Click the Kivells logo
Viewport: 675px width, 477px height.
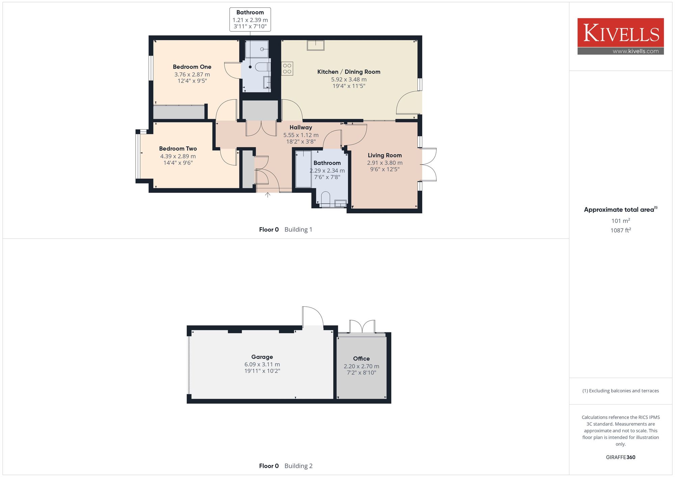coord(621,36)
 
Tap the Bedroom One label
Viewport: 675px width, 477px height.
coord(192,67)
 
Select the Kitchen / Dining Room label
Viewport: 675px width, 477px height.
coord(349,72)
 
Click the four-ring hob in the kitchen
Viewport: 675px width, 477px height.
coord(287,68)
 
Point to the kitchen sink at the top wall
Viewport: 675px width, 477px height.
coord(316,45)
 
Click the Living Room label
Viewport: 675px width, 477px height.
coord(385,155)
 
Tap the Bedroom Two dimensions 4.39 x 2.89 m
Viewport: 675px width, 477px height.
coord(178,156)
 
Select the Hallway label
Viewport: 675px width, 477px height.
coord(301,127)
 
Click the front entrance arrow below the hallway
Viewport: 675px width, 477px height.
coord(268,195)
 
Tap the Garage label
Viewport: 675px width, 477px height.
coord(262,357)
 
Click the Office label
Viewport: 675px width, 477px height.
coord(361,359)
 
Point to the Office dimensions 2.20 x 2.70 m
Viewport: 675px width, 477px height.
coord(361,366)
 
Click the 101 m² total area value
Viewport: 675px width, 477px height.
coord(621,220)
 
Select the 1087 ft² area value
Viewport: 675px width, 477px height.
coord(621,230)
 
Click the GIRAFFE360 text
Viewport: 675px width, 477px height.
coord(621,457)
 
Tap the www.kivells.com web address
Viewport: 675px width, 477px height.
coord(636,51)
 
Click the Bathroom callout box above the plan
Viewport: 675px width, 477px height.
coord(250,20)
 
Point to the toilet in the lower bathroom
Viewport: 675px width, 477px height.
coord(326,199)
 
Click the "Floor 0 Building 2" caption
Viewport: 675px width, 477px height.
coord(286,466)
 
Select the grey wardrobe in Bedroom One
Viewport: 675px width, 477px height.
coord(179,112)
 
